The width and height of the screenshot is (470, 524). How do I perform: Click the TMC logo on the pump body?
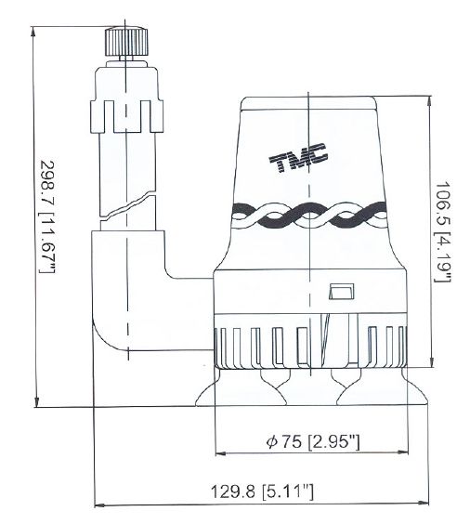298,157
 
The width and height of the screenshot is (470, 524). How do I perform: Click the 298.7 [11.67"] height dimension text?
47,216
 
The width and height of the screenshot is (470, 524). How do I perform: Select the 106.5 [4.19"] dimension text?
443,232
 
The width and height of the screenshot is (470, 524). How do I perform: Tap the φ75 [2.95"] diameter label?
313,442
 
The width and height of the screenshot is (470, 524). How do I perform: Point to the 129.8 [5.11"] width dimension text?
262,491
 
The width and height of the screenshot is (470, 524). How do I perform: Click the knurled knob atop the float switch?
126,42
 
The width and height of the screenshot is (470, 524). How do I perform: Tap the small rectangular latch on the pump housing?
342,292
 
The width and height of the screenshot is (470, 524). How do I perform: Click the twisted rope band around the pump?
309,216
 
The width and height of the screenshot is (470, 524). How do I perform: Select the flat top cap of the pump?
308,103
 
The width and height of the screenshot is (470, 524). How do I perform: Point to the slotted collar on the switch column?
126,116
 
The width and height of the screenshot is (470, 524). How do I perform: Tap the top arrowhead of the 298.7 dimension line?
33,32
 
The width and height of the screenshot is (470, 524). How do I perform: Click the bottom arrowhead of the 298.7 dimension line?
37,402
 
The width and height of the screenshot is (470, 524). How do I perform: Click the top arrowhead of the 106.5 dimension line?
430,101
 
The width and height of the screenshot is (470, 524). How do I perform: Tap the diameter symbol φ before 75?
271,442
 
